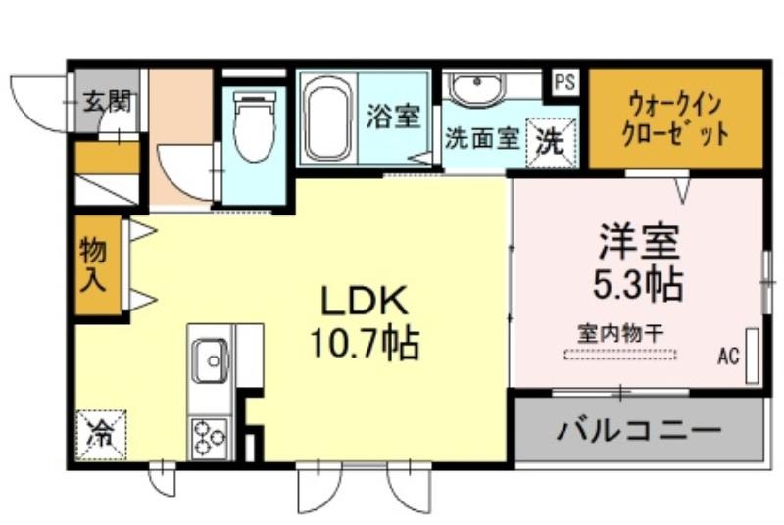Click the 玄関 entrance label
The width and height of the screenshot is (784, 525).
[108, 100]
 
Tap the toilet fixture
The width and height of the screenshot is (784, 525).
[254, 127]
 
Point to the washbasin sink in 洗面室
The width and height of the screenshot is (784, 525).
[476, 89]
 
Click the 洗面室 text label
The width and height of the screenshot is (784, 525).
[481, 138]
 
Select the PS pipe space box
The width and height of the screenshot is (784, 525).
[564, 82]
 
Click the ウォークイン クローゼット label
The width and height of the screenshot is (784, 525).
[675, 118]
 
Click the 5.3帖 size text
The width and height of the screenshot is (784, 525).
[637, 284]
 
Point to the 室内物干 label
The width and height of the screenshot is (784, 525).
[620, 331]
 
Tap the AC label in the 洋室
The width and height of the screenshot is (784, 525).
[729, 355]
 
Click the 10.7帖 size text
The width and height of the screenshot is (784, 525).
[365, 343]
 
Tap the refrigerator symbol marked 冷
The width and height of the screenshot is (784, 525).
[100, 431]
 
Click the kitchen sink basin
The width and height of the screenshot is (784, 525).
[210, 359]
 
